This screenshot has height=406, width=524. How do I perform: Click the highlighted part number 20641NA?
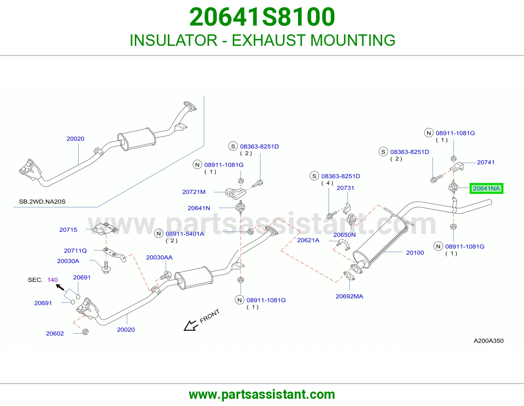(486, 188)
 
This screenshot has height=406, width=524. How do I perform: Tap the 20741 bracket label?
(486, 162)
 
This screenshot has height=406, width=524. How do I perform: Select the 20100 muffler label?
(415, 253)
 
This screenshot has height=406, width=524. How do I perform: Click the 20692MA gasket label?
(349, 296)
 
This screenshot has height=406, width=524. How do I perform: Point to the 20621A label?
(308, 240)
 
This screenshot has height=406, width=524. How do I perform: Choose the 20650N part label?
(344, 235)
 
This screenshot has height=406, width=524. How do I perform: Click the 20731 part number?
(345, 188)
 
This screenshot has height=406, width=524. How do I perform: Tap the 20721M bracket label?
(194, 192)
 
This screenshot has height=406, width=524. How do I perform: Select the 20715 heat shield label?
(68, 230)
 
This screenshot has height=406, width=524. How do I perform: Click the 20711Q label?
(75, 251)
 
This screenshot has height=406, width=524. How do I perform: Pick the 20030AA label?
(159, 257)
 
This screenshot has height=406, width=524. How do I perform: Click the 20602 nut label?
(55, 333)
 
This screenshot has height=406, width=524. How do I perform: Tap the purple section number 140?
(53, 280)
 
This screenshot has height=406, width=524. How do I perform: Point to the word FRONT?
(210, 316)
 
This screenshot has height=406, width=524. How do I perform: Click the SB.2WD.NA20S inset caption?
(42, 202)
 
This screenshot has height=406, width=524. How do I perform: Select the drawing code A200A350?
(489, 341)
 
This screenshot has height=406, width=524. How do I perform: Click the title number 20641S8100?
(262, 17)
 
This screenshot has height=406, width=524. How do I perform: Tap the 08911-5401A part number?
(185, 234)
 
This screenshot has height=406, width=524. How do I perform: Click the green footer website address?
(262, 395)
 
